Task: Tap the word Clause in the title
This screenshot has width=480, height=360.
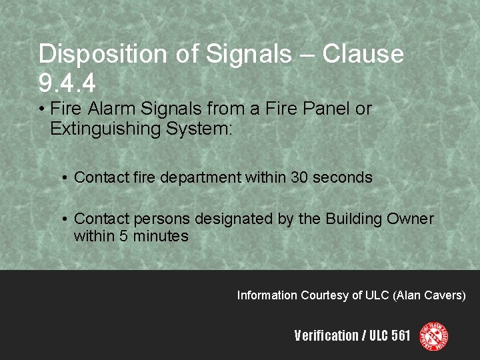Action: click(x=363, y=55)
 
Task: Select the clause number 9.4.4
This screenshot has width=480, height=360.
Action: click(x=67, y=84)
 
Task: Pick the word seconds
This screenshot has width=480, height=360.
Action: click(x=343, y=178)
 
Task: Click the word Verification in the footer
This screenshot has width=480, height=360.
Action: click(x=326, y=336)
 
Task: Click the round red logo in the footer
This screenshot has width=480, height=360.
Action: click(x=433, y=336)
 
